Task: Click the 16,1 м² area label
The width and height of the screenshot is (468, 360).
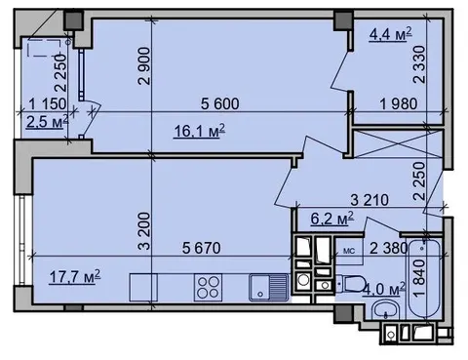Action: tap(200, 131)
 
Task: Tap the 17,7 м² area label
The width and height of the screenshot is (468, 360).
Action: tap(75, 277)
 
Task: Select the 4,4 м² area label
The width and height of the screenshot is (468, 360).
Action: tap(391, 34)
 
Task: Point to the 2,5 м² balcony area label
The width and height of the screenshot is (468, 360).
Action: tap(48, 122)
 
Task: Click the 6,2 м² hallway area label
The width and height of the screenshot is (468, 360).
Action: tap(332, 219)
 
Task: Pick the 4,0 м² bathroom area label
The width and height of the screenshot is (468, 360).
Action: tap(384, 289)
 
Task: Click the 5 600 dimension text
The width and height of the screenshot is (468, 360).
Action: tap(220, 103)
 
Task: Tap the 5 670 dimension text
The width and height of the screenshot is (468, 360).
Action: tap(202, 248)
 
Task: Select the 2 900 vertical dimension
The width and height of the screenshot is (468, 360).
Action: tap(144, 66)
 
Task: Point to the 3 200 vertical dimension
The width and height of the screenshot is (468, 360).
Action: tap(144, 231)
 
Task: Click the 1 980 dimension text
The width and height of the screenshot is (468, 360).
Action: tap(399, 104)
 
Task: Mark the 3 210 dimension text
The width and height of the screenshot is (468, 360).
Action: tap(370, 200)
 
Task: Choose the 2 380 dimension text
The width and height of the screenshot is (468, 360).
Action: tap(389, 249)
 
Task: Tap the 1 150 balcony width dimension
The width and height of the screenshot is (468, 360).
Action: tap(48, 104)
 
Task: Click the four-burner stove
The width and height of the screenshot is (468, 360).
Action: tap(208, 288)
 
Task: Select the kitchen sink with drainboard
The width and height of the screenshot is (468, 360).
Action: tap(268, 288)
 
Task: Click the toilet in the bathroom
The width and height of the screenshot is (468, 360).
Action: tap(349, 284)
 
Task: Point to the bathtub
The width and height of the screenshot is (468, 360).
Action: tap(424, 279)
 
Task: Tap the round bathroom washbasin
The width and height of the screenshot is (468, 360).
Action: tap(385, 309)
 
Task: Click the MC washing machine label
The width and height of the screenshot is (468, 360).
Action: tap(349, 251)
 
